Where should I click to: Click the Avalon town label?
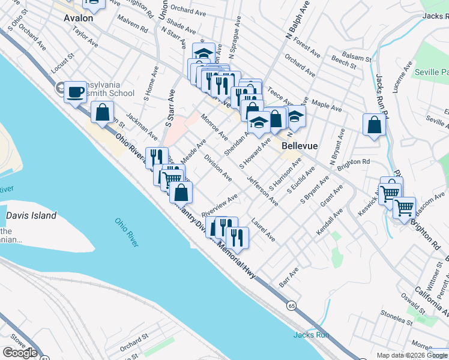tap(79, 19)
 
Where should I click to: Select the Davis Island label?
tap(31, 215)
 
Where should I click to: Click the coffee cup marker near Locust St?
tap(76, 92)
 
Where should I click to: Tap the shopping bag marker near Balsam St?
tap(374, 125)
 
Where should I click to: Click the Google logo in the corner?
tap(20, 352)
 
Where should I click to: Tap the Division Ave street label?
tap(218, 167)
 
